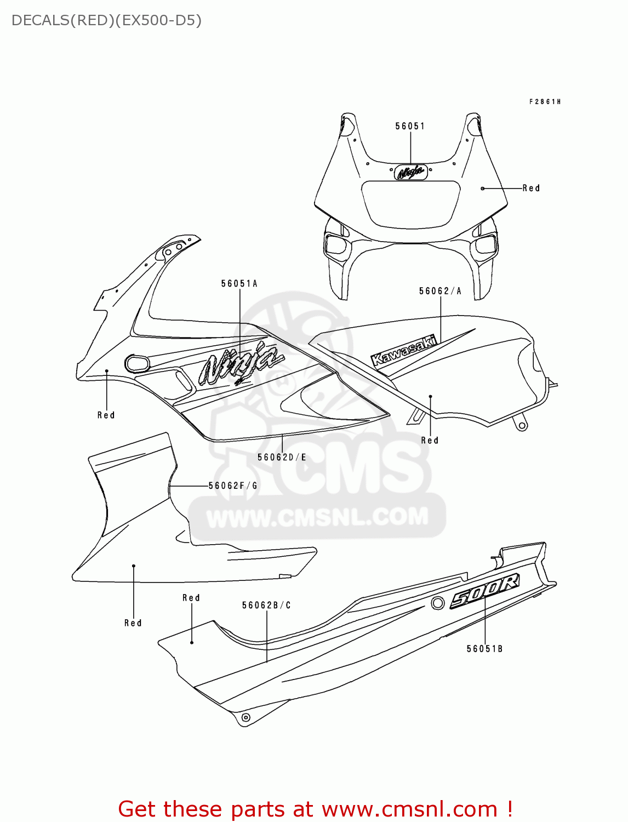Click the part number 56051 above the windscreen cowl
410,126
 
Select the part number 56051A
239,283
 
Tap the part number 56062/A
440,291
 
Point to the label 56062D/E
282,457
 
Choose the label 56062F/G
233,486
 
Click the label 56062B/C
266,605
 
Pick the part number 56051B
484,649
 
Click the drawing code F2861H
545,101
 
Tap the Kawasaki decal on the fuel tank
404,351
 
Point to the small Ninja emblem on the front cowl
411,172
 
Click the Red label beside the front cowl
531,188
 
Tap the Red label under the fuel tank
430,440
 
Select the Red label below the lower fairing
133,623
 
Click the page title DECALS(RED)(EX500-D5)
106,20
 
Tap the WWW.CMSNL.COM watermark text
317,517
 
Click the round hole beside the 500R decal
437,603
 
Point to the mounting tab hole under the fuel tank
522,425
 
